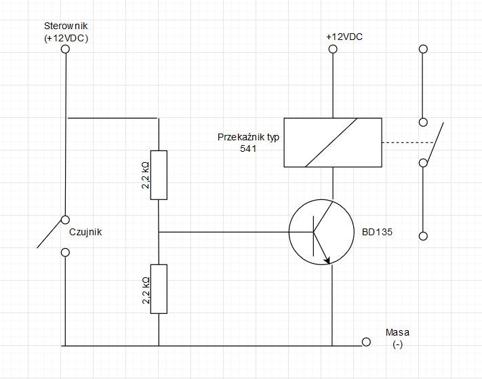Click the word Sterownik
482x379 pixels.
66,26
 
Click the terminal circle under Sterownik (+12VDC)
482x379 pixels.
65,49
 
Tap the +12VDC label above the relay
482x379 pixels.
344,37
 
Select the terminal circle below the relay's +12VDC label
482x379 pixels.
333,49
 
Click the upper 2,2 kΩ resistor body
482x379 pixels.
159,175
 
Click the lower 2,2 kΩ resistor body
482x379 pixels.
159,289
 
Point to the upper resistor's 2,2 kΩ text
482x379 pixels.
145,175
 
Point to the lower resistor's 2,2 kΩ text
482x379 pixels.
146,290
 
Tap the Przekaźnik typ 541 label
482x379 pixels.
248,142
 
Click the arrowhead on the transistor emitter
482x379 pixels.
327,260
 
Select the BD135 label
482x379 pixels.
377,232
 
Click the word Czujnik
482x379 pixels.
85,232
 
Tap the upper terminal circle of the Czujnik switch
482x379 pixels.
65,220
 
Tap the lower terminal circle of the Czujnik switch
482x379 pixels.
65,252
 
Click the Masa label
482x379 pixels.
397,332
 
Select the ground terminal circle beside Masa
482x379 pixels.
366,342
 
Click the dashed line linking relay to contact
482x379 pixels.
408,142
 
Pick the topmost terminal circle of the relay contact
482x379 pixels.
423,49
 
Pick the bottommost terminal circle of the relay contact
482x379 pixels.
423,236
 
